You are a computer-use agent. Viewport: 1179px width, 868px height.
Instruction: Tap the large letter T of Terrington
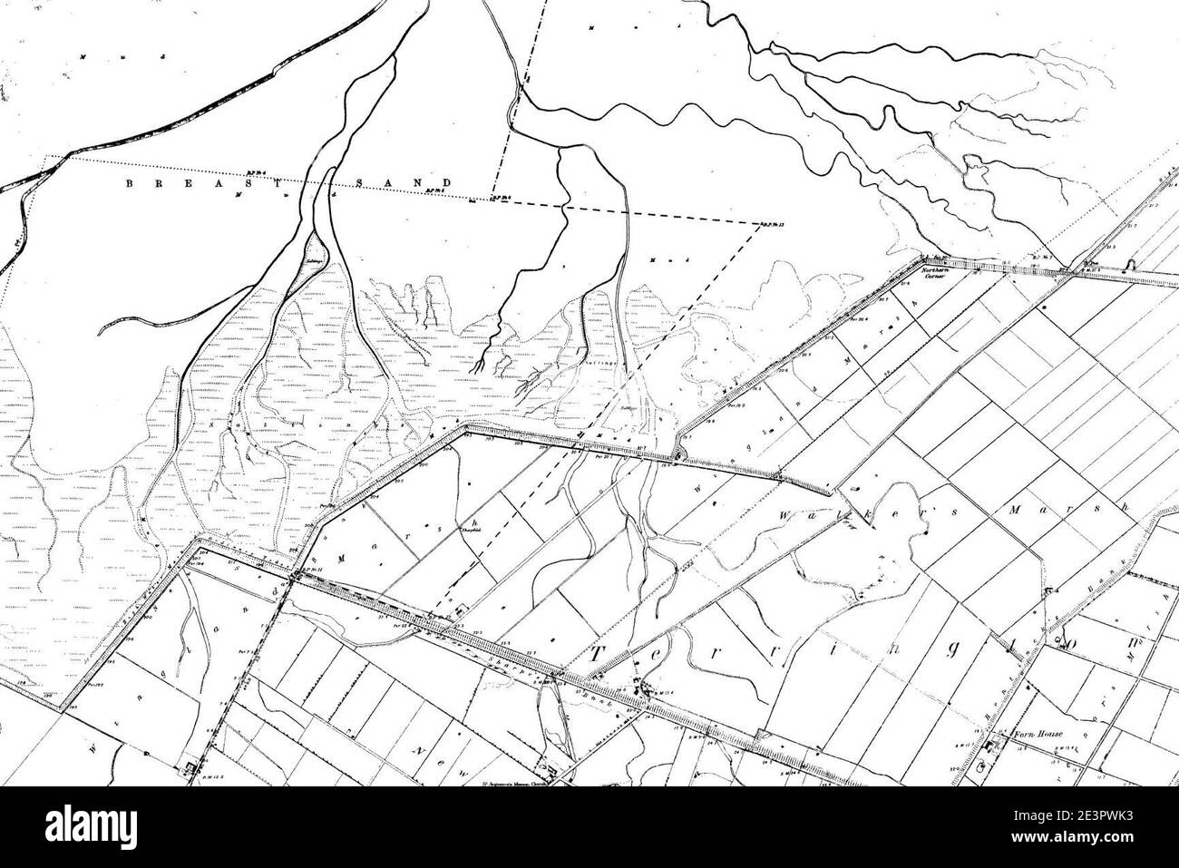point(605,658)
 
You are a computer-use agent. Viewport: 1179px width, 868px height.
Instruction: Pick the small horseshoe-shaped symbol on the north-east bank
point(1128,265)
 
